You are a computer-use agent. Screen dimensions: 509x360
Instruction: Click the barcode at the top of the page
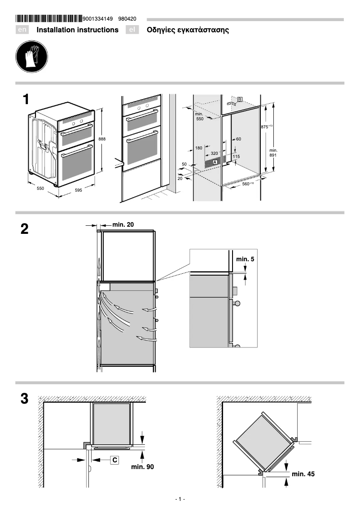(x=49, y=19)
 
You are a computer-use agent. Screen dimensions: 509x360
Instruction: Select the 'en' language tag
(x=22, y=30)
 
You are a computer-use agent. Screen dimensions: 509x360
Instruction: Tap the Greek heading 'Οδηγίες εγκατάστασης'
(x=188, y=30)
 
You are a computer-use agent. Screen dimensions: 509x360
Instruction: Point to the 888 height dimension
(x=102, y=139)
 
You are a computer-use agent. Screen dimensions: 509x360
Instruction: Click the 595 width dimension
(x=78, y=190)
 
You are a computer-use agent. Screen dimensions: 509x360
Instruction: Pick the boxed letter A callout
(x=215, y=161)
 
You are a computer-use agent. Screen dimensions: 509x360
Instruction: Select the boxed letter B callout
(x=240, y=99)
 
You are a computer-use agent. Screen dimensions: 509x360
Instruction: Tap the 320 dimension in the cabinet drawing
(x=214, y=154)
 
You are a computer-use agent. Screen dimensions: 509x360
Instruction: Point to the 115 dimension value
(x=236, y=156)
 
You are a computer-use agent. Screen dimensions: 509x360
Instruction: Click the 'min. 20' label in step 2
(x=123, y=224)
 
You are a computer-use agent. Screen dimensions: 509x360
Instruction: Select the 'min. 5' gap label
(x=245, y=259)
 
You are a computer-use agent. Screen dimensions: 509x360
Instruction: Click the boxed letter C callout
(x=115, y=460)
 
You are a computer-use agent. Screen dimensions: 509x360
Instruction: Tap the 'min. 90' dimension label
(x=142, y=467)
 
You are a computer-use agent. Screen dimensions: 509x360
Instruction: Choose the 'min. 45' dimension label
(x=303, y=474)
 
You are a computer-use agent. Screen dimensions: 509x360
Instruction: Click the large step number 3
(x=25, y=399)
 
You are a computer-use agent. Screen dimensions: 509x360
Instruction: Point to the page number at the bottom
(x=180, y=499)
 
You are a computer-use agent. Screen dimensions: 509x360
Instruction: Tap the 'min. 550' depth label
(x=199, y=117)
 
